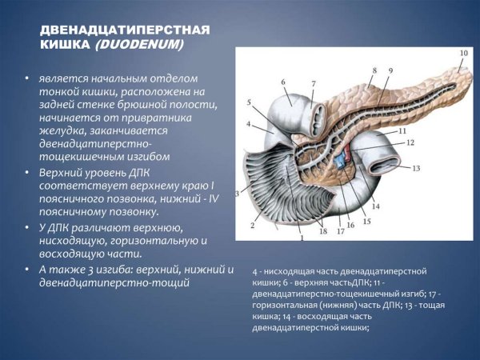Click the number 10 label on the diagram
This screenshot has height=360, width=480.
[x=464, y=54]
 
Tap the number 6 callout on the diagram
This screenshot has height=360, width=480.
[x=283, y=82]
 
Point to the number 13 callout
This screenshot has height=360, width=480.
[x=416, y=169]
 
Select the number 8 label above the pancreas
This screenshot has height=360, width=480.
[x=374, y=71]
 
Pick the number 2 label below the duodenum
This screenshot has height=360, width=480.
[x=252, y=226]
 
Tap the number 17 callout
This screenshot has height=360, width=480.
[x=340, y=231]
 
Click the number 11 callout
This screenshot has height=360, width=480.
[x=402, y=130]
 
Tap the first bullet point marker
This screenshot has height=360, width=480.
[x=26, y=80]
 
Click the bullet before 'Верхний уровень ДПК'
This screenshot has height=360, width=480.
[x=26, y=172]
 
